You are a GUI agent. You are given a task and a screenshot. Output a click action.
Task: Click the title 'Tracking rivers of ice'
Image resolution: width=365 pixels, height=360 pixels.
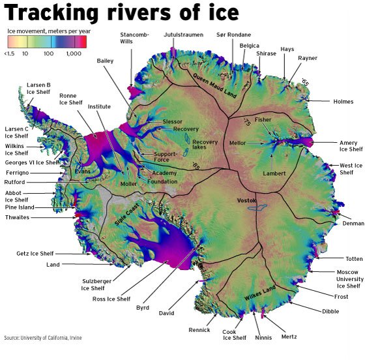coord(123,13)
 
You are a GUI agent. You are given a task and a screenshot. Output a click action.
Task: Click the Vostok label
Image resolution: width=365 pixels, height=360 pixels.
coord(247,200)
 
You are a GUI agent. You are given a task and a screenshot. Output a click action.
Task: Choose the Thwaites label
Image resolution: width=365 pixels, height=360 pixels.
coord(17,217)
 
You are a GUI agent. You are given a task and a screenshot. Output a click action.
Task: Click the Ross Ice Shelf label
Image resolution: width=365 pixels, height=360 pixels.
coord(112,299)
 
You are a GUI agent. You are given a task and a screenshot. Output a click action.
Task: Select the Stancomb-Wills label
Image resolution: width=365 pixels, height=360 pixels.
coord(134,37)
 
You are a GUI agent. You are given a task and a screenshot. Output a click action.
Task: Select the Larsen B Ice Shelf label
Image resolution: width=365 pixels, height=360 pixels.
coord(38,89)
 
